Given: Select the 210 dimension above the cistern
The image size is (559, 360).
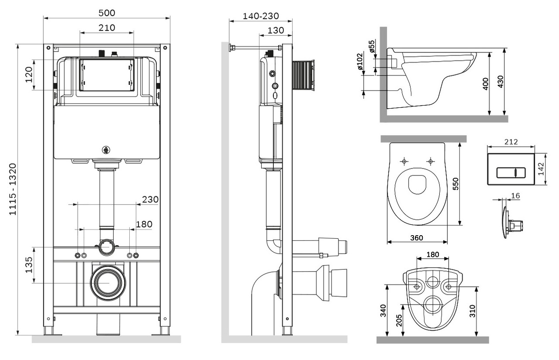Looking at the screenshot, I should (107, 28).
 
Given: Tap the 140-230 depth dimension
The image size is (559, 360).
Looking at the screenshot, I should (261, 16).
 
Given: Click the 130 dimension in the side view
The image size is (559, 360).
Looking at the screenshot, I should (276, 30).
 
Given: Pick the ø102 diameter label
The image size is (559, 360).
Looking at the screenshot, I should (359, 62).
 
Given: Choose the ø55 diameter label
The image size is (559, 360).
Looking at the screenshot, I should (372, 46).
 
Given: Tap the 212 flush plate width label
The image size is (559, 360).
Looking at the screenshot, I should (511, 141).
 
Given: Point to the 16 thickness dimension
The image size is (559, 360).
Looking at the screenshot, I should (515, 196).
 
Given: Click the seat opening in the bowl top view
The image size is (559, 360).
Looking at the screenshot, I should (417, 185).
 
